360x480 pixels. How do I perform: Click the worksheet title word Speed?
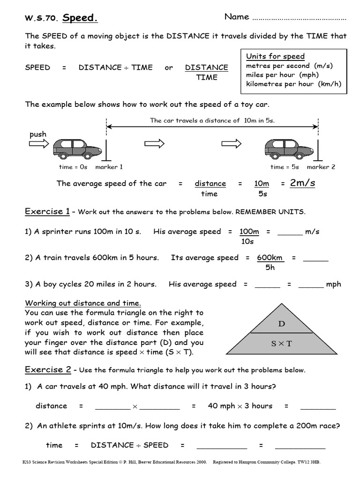click(80, 18)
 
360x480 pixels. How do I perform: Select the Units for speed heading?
click(275, 56)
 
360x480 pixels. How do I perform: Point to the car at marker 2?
click(288, 148)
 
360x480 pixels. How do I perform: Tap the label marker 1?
click(109, 167)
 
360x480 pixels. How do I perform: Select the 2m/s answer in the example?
click(302, 183)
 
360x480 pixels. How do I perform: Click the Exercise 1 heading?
click(47, 211)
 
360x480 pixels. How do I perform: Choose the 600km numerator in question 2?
click(270, 258)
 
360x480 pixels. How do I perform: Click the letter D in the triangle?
click(282, 323)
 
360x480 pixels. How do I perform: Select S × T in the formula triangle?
click(281, 344)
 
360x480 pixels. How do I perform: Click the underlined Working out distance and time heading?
click(83, 303)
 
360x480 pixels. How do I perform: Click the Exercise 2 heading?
click(47, 370)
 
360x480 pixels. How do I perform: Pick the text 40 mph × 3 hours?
click(240, 406)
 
